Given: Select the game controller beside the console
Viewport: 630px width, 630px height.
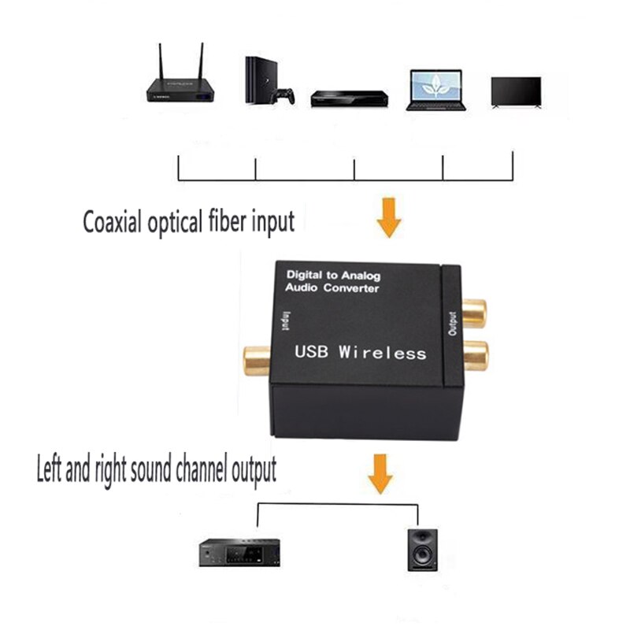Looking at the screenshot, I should tap(283, 96).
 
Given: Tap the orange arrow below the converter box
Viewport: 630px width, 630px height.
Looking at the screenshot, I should tap(381, 473).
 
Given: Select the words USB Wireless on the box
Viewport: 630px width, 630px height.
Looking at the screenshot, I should tap(360, 353).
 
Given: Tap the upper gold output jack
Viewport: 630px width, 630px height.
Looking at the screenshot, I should tap(474, 312).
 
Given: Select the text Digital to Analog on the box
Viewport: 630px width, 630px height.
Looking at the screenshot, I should tap(333, 276).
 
